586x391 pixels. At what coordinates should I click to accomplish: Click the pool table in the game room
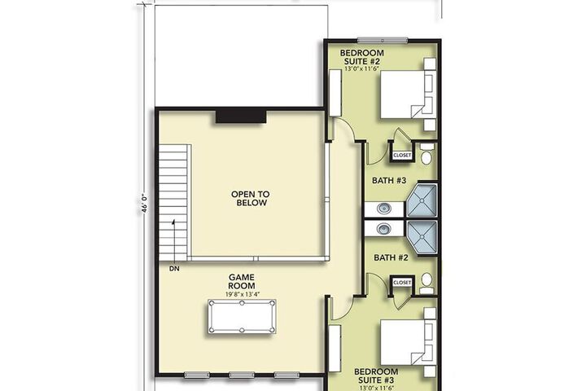[242, 316]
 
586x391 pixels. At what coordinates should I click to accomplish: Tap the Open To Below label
[250, 199]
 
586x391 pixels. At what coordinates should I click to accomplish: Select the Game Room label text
[242, 281]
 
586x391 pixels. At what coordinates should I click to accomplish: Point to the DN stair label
[174, 269]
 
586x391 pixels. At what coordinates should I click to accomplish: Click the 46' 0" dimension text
[145, 204]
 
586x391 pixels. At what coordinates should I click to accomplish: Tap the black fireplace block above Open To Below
[241, 116]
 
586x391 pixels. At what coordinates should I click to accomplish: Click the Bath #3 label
[389, 180]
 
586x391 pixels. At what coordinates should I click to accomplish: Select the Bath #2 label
[391, 257]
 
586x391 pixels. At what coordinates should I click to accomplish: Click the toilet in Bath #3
[426, 154]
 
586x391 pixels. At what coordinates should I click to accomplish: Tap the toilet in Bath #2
[426, 283]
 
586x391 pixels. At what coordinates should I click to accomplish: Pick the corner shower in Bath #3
[422, 200]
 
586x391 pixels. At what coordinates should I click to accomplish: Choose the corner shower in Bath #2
[422, 237]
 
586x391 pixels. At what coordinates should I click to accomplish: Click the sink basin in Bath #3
[384, 208]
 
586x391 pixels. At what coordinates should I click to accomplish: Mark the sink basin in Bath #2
[384, 228]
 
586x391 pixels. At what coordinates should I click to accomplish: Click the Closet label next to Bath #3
[402, 155]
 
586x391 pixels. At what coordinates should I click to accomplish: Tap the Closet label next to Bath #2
[402, 283]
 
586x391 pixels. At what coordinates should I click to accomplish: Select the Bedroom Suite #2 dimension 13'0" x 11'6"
[361, 69]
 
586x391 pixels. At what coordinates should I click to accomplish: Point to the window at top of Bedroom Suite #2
[383, 40]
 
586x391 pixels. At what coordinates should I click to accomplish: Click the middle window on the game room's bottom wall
[242, 375]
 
